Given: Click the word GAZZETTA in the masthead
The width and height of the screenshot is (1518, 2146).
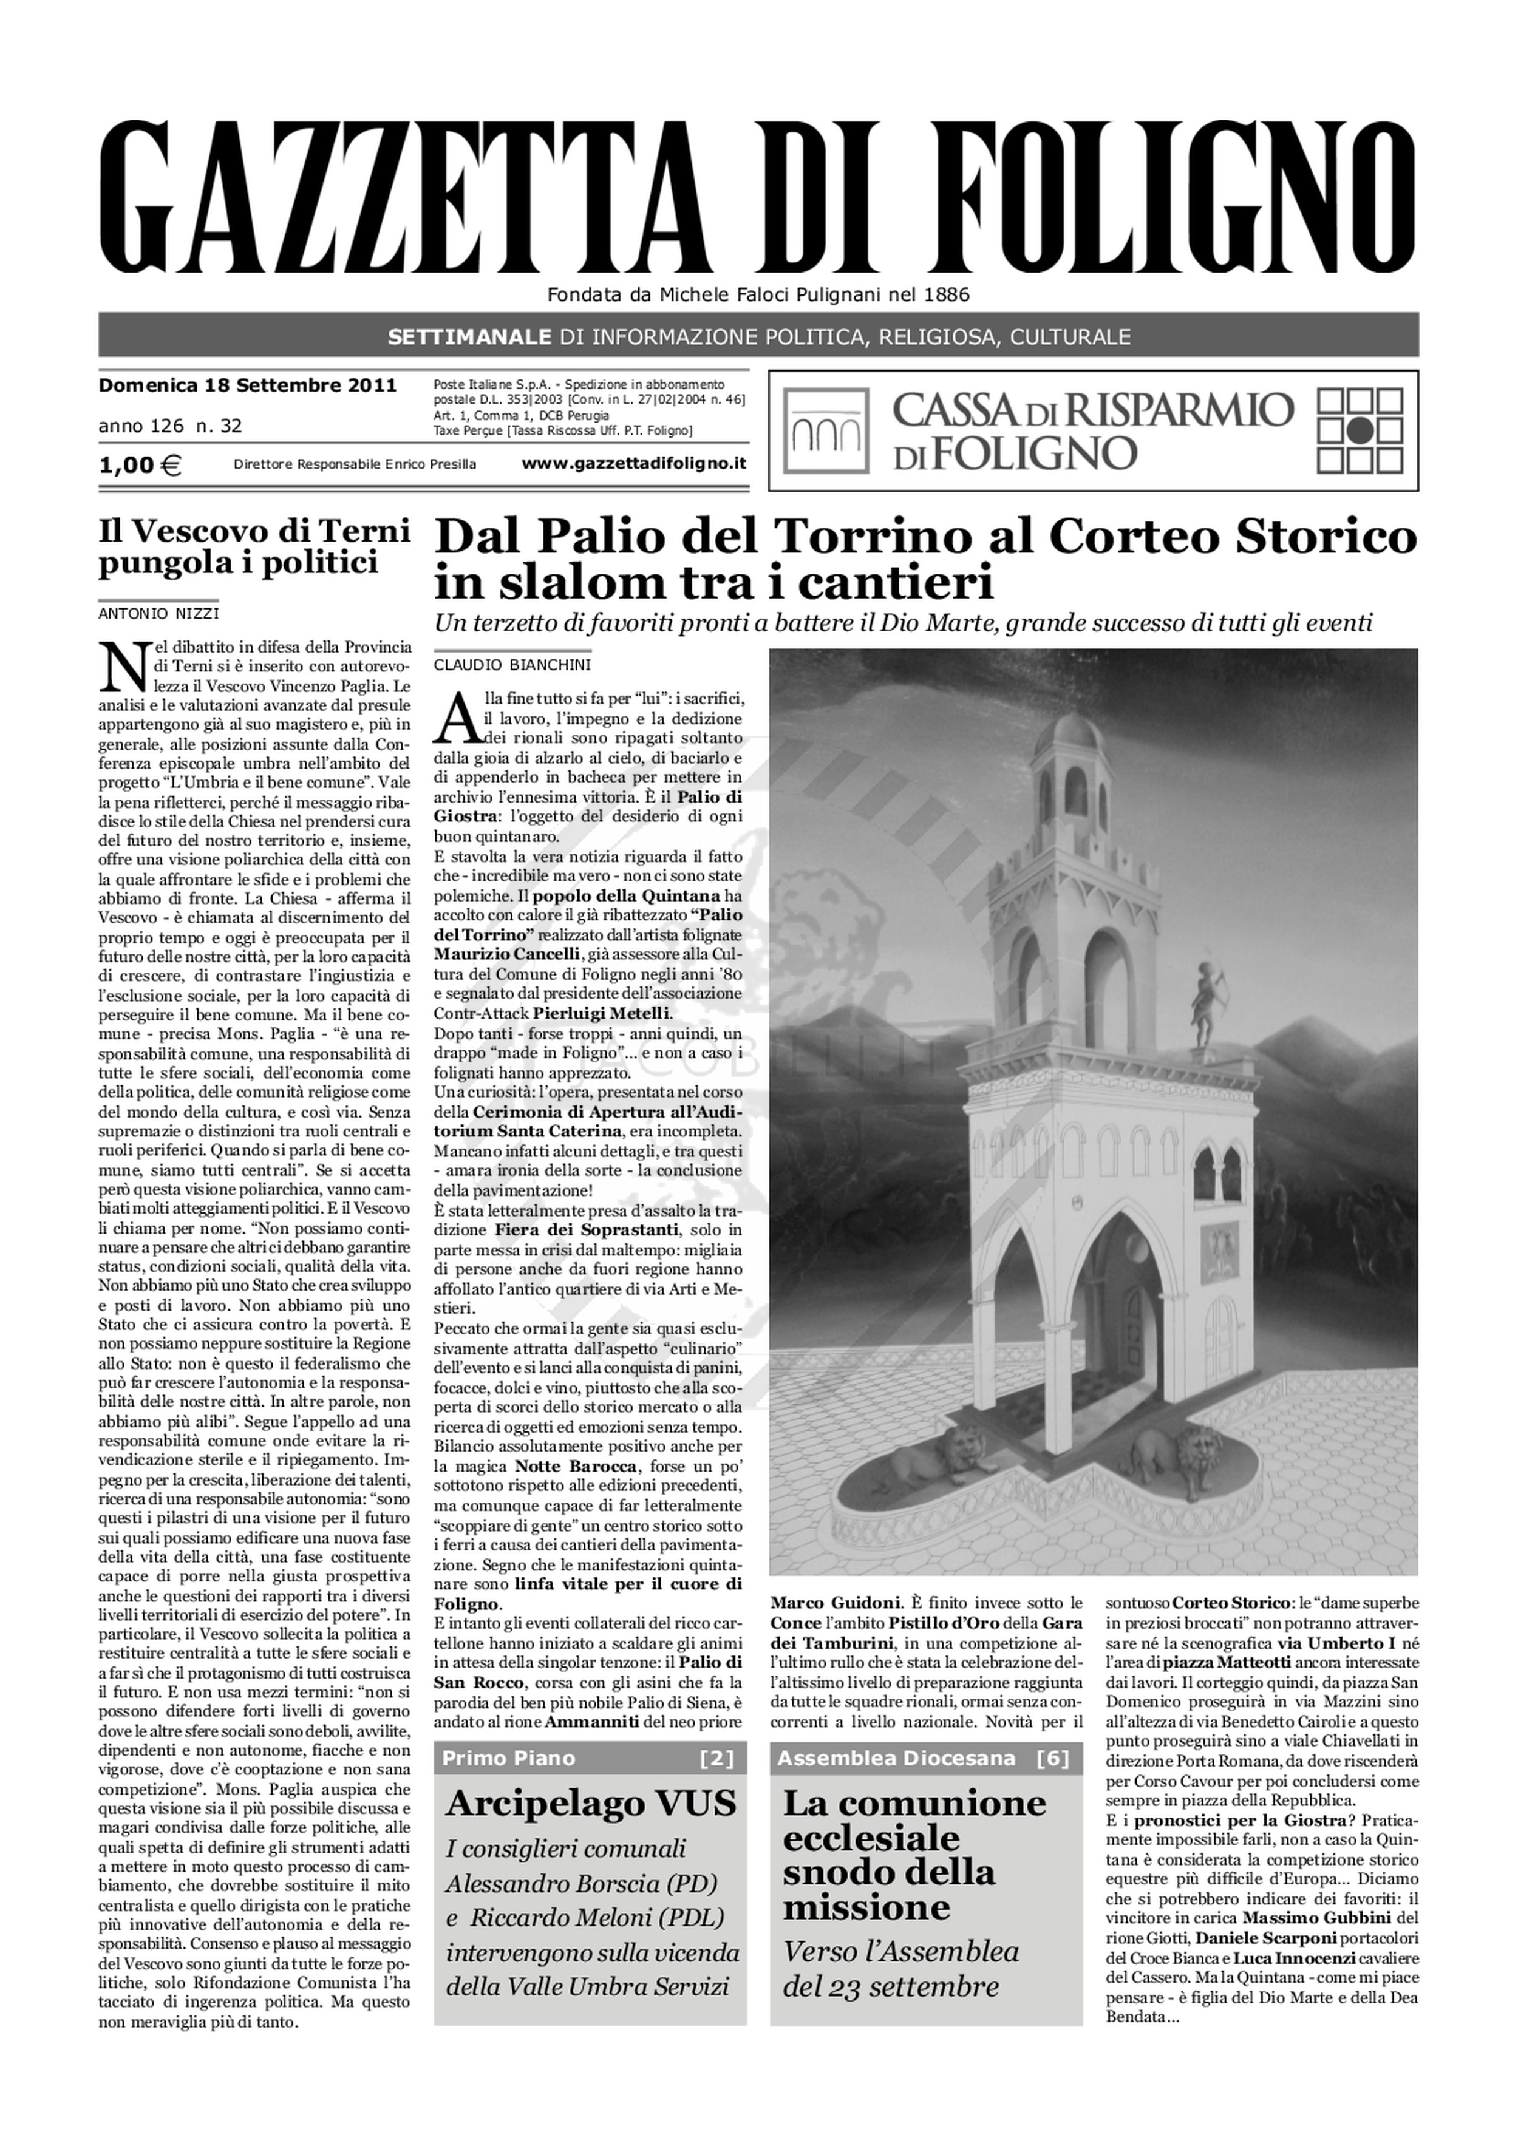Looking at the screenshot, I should (411, 196).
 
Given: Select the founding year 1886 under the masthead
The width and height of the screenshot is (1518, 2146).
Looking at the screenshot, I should (947, 296).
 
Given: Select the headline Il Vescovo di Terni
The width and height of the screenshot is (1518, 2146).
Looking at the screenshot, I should (254, 531).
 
